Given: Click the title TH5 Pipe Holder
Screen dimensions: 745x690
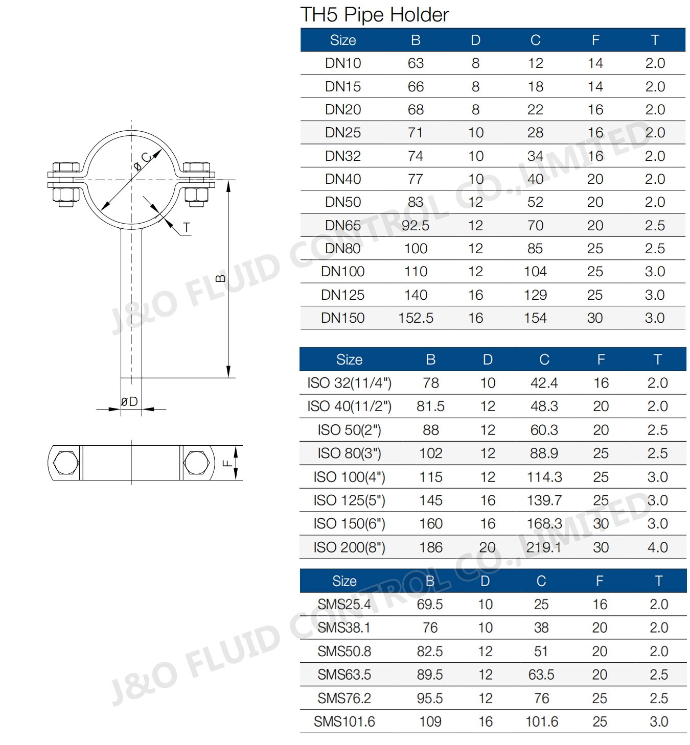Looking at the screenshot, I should pos(374,15).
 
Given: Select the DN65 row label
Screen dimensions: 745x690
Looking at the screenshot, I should pos(342,225).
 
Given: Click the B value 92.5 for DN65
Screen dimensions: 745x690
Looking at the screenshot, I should pos(415,225).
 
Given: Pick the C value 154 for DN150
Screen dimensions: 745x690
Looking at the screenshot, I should pos(535,318).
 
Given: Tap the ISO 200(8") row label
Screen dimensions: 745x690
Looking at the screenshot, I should pos(349,547).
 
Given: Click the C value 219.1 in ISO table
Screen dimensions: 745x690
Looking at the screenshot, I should pos(544,547).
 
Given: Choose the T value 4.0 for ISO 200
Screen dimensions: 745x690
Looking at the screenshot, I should pos(657,547).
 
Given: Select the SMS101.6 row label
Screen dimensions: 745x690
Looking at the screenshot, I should pos(344,722).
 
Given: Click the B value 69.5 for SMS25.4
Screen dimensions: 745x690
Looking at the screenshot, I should pos(429,605).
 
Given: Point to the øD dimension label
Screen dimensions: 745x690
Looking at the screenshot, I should pos(129,402).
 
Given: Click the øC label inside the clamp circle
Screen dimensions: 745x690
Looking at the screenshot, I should pos(143,161).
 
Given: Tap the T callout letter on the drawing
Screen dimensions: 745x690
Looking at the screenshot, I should pos(187,228).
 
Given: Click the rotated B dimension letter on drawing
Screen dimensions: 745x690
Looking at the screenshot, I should pos(221,278).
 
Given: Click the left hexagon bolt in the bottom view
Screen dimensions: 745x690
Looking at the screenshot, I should pos(66,463).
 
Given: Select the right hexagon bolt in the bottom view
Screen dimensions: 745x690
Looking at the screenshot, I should pos(196,463).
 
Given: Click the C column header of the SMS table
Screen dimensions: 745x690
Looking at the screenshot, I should pos(541,581).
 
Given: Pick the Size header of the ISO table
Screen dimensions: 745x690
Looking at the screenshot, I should pos(349,359).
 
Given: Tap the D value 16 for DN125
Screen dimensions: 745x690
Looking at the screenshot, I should pos(475,295).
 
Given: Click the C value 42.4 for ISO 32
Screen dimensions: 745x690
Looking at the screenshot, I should pos(544,383).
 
